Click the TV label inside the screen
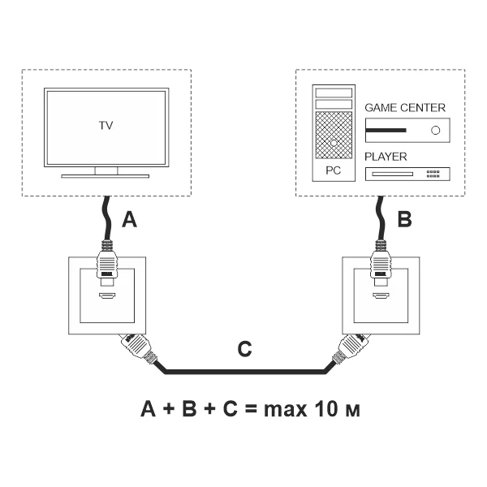(106, 126)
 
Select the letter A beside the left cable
(129, 220)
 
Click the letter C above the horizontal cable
(244, 351)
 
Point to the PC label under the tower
(334, 172)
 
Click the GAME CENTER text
(405, 107)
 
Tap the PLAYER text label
(386, 157)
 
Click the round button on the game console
(436, 130)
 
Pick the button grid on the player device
(433, 173)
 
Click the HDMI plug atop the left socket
(106, 263)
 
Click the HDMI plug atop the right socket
(381, 263)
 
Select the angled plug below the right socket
(349, 349)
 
